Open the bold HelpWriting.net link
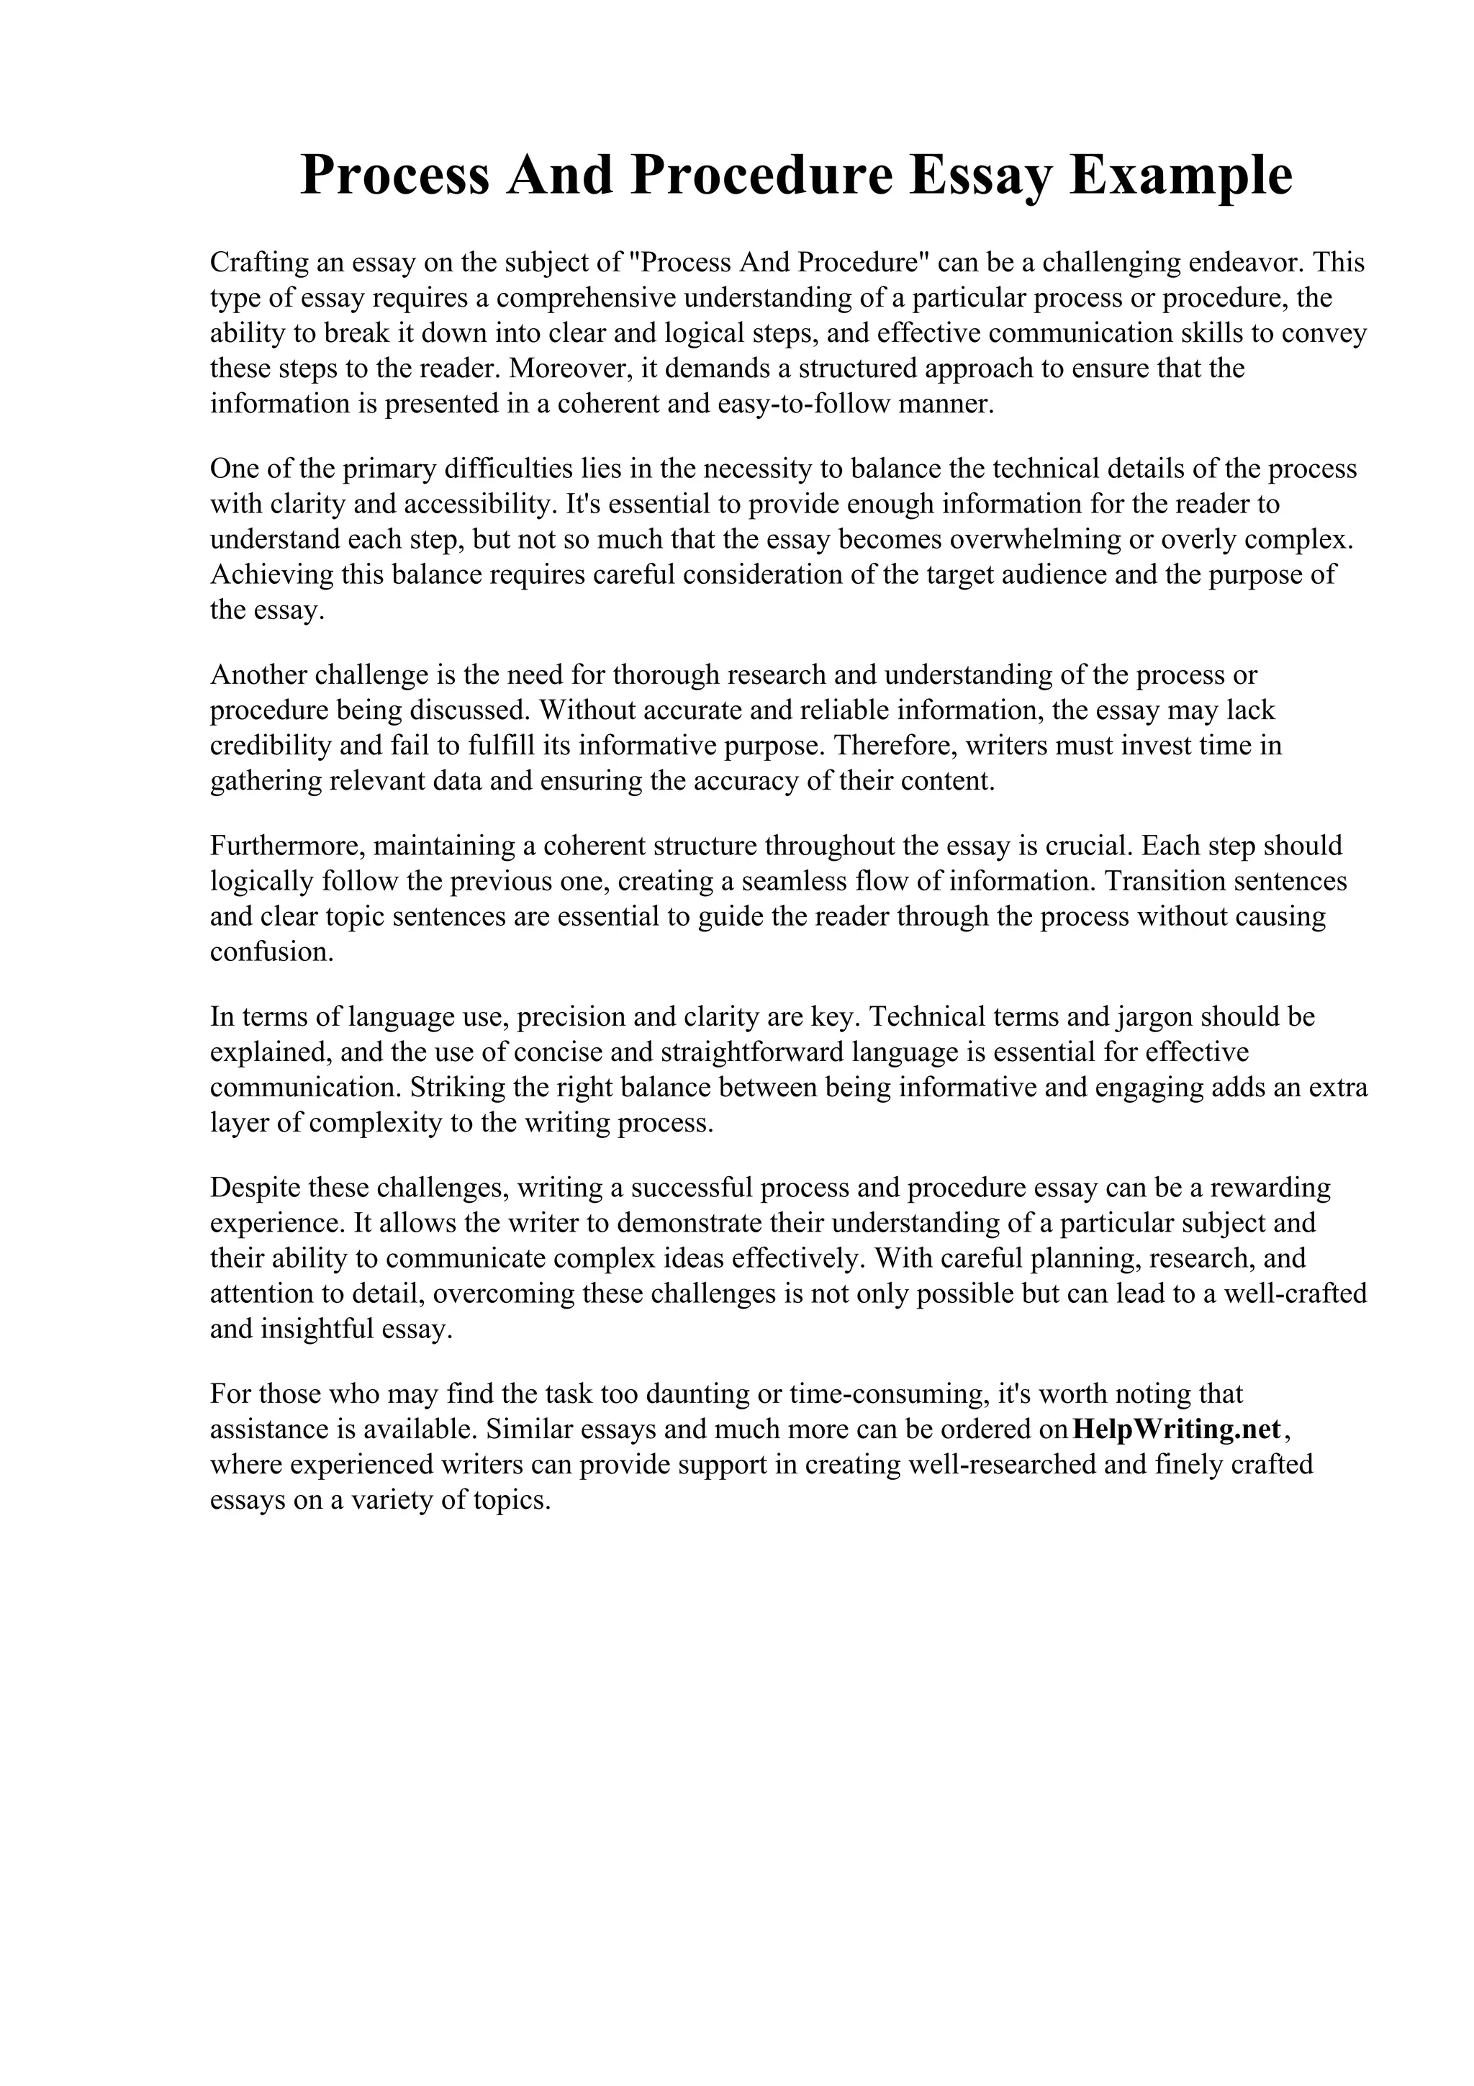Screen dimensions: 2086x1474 coord(1176,1428)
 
